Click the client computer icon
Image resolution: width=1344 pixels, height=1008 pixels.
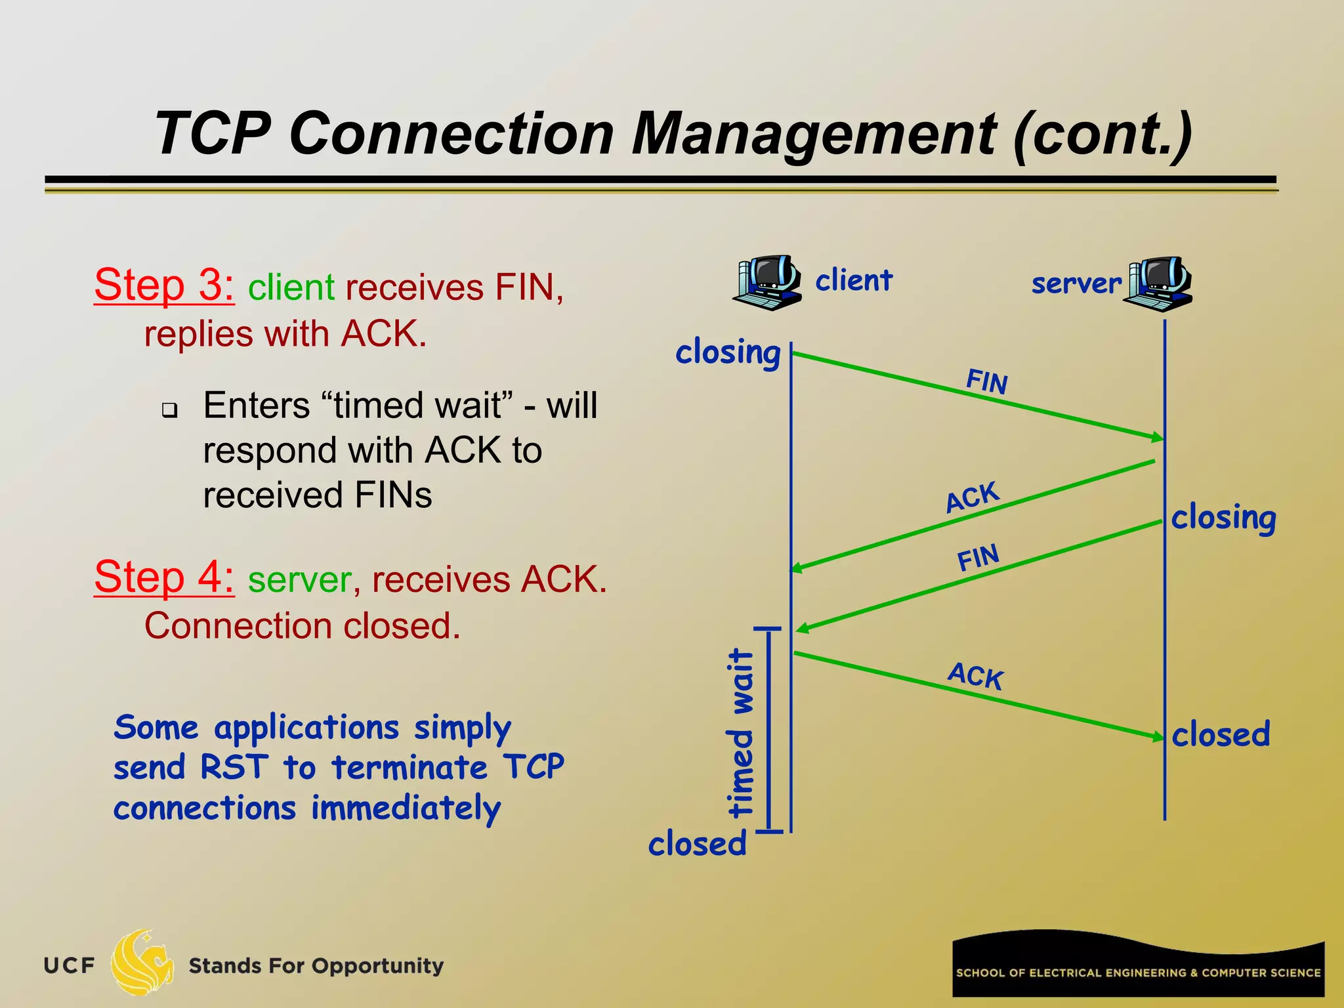(766, 282)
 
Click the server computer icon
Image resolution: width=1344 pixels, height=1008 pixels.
(1158, 283)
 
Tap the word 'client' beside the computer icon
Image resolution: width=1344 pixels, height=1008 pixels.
(854, 280)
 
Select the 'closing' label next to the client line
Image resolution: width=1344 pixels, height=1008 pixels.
(728, 353)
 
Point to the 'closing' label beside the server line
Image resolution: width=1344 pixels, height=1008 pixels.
(1223, 518)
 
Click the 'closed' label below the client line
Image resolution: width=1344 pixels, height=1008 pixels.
(698, 844)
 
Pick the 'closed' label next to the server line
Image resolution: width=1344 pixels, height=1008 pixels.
(1221, 734)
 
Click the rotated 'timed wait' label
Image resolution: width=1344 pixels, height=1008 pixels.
(742, 732)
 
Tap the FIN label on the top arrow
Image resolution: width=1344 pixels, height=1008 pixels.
(986, 381)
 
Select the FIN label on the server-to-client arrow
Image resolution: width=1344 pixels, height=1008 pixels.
(978, 558)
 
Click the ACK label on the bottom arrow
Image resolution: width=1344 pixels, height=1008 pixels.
(976, 676)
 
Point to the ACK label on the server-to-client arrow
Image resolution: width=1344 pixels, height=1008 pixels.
(972, 497)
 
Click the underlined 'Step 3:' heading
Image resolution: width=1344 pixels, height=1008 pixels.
(164, 286)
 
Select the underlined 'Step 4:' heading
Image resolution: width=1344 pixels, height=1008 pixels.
(164, 578)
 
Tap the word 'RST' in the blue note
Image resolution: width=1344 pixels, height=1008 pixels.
(234, 767)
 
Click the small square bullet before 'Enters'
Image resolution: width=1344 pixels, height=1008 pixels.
(170, 411)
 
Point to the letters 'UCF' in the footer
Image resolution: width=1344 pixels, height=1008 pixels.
(70, 965)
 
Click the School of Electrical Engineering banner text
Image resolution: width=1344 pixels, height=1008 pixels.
(1138, 973)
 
